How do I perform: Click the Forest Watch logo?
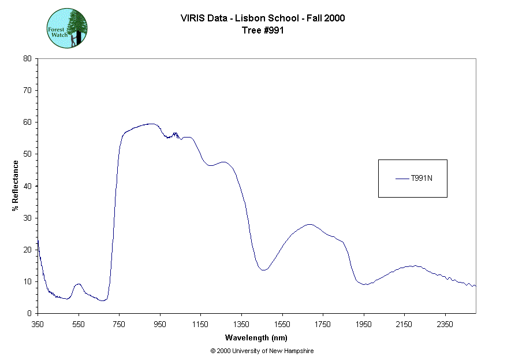67,28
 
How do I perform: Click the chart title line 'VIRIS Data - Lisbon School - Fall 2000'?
263,18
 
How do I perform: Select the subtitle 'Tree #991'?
263,31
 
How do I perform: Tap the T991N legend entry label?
421,179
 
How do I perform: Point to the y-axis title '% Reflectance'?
16,185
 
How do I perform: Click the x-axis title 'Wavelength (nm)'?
256,337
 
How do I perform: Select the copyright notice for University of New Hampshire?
262,351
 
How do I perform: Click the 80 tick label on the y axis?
27,58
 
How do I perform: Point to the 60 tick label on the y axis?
27,122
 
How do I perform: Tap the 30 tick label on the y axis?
27,218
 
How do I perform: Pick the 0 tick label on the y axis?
29,313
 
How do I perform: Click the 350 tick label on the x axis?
38,324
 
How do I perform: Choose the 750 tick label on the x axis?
119,324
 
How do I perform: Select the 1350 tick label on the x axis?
241,324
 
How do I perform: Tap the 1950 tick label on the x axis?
364,324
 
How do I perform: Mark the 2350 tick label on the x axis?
445,324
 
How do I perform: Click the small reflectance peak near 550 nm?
79,284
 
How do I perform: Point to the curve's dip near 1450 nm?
263,270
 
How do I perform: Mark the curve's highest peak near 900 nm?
151,124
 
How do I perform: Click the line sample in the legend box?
402,179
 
